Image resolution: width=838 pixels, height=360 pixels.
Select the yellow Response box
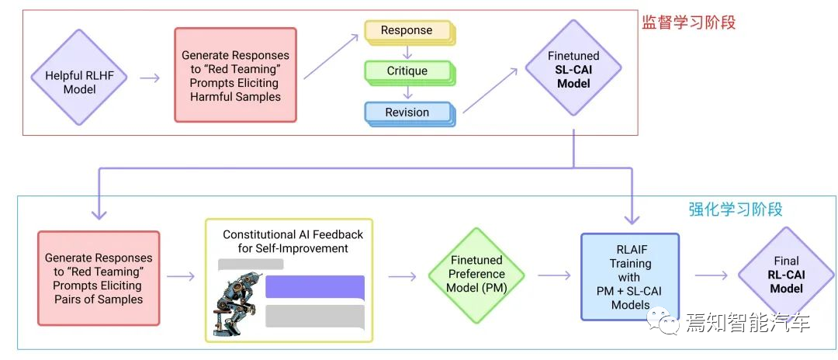407,32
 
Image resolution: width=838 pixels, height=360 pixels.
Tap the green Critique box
407,71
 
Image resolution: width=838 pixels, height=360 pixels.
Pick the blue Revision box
407,112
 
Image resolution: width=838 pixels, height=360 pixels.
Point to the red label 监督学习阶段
687,22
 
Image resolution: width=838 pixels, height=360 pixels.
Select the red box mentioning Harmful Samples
235,75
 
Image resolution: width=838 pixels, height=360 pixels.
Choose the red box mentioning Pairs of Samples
99,278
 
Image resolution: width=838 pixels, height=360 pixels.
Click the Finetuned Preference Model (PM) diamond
476,275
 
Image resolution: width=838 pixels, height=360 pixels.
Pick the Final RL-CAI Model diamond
786,275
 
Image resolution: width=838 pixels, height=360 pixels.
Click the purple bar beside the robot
314,286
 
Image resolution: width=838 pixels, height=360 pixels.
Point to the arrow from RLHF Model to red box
150,78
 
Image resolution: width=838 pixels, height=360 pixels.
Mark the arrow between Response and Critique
407,51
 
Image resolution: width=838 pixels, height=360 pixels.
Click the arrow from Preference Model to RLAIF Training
553,275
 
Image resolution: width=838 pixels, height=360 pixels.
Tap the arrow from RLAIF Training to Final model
710,275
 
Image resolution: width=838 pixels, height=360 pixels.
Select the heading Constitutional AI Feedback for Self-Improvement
293,241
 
